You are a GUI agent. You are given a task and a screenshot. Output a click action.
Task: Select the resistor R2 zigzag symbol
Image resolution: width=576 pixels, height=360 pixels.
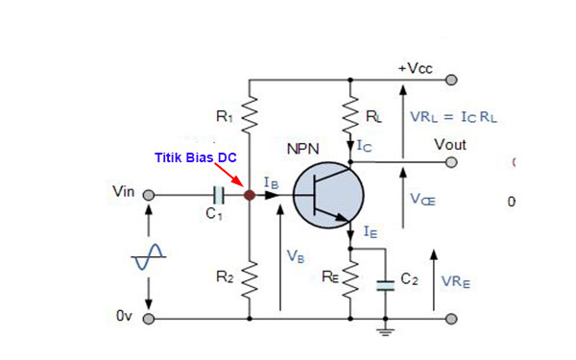click(250, 279)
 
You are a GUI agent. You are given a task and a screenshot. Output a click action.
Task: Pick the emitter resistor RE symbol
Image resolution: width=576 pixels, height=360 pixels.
click(351, 281)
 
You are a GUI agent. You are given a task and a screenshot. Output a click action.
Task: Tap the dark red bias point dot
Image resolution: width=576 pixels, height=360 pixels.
click(250, 195)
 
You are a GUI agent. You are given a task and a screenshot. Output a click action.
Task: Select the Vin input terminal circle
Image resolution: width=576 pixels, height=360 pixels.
click(149, 195)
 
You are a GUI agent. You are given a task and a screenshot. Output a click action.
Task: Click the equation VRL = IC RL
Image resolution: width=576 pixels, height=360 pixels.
click(455, 116)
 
